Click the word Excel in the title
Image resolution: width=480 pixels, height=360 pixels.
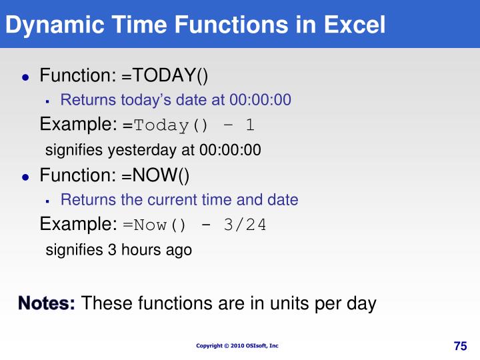(x=355, y=25)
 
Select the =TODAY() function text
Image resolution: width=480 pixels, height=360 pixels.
(x=165, y=75)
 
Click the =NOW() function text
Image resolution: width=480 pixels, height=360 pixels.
(x=155, y=175)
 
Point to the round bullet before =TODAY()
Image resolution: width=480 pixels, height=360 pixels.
(x=26, y=77)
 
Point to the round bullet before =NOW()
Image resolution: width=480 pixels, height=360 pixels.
(x=26, y=177)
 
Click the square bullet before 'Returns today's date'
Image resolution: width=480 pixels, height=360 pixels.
(x=47, y=101)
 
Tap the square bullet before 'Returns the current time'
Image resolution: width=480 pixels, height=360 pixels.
(x=47, y=201)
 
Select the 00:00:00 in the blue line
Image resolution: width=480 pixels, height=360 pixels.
(x=260, y=100)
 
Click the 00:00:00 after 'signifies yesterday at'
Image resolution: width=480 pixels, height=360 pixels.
(x=230, y=150)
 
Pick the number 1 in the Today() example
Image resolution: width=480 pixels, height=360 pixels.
(x=250, y=125)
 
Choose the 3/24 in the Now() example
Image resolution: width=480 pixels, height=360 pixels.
(x=245, y=225)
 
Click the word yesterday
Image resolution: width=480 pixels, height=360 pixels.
(x=143, y=151)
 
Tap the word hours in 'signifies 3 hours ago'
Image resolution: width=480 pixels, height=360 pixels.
(x=141, y=249)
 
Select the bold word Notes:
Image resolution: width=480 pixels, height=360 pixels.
(x=47, y=303)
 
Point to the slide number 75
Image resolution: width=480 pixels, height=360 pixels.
(x=461, y=346)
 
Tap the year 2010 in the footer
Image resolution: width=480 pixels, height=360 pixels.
(x=237, y=345)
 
